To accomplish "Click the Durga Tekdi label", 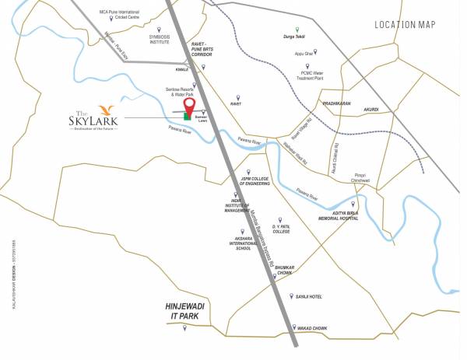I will click(290, 36).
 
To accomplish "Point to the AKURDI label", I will click(371, 110).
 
